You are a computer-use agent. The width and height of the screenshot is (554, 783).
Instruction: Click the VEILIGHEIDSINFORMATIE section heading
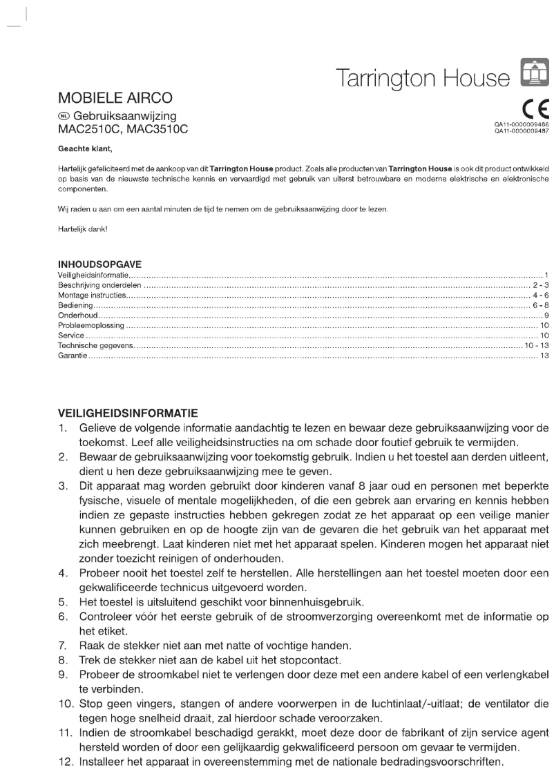pos(127,413)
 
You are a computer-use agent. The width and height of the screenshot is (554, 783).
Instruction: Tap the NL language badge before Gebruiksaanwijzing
pos(64,116)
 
